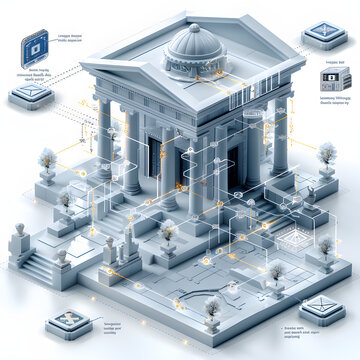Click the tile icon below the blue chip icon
[26, 97]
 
